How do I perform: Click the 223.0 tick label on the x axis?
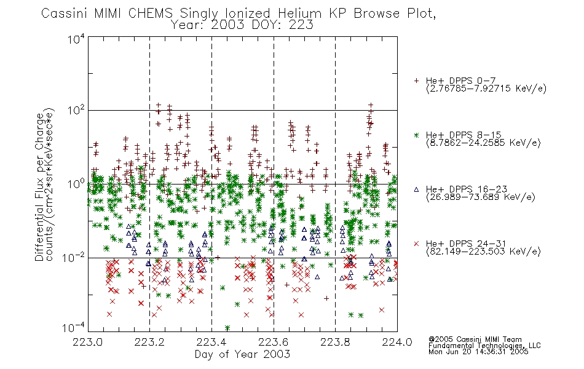pos(87,342)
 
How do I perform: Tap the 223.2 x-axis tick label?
pos(149,342)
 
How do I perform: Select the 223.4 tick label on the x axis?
pos(211,342)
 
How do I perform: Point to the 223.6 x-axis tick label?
pos(274,342)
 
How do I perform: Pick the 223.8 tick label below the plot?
pos(335,342)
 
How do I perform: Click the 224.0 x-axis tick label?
pos(397,342)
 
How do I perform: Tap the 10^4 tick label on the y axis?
pos(76,39)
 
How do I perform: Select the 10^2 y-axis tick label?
pos(76,111)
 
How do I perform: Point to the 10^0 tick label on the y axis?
pos(76,184)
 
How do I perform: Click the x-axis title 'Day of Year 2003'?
pos(242,354)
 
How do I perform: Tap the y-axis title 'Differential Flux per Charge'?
pos(40,188)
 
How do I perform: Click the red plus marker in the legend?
pos(416,81)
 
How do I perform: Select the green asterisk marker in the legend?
pos(416,135)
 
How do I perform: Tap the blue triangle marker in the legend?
pos(416,189)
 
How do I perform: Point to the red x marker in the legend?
pos(416,244)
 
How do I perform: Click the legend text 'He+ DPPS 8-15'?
pos(464,135)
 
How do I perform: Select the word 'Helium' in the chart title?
pos(299,14)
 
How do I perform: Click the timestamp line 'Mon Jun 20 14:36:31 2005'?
pos(478,352)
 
